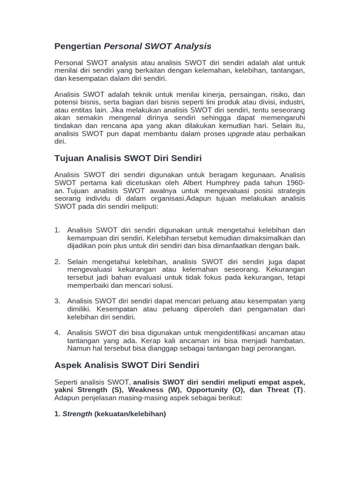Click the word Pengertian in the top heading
tap(78, 46)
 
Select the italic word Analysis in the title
tap(193, 46)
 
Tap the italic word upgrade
tap(240, 134)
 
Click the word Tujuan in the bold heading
tap(69, 158)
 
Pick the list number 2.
tap(57, 262)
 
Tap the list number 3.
tap(57, 301)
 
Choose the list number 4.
tap(57, 333)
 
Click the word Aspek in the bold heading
tap(68, 365)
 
